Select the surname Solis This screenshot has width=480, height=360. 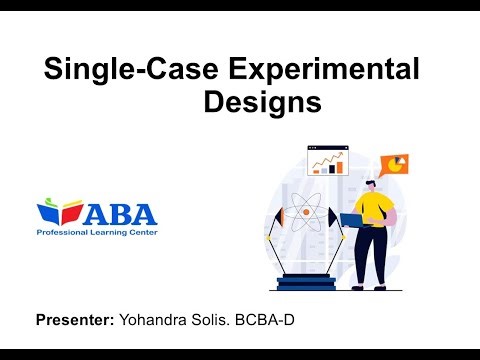(212, 321)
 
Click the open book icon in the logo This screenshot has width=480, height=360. (58, 212)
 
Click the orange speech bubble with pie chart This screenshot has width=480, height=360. (399, 164)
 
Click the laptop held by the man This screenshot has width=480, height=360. (353, 220)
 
